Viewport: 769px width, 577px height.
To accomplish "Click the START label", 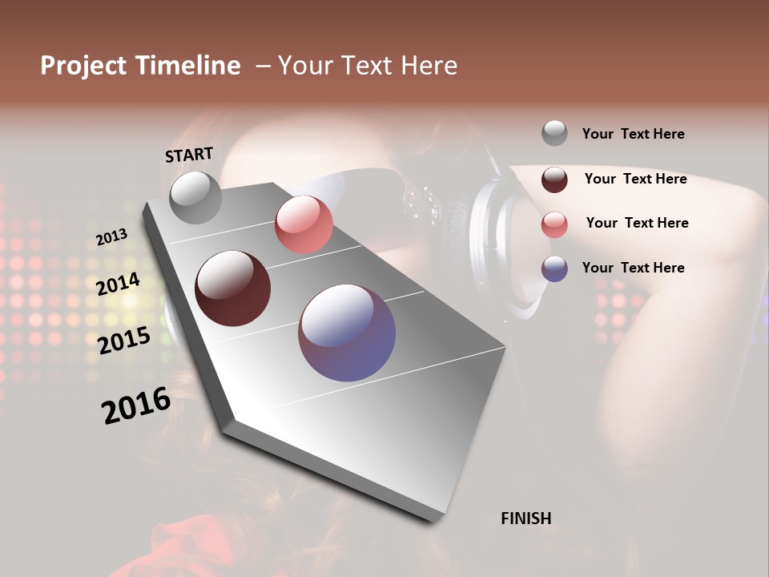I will coord(189,155).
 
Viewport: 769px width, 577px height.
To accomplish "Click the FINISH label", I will coord(526,518).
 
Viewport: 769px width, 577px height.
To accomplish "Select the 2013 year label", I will coord(112,237).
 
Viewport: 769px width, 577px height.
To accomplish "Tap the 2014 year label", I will coord(119,284).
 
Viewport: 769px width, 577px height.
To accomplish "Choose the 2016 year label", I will coord(136,406).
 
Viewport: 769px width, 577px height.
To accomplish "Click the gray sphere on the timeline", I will coord(196,197).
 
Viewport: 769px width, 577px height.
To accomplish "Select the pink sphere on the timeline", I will coord(304,224).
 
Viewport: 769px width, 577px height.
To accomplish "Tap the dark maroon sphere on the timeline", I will coord(233,288).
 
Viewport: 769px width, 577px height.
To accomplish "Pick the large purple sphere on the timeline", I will coord(347,333).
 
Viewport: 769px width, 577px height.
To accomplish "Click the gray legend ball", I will coord(554,133).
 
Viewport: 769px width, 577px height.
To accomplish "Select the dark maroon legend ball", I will coord(554,180).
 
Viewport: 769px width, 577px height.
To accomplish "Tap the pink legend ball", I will coord(554,224).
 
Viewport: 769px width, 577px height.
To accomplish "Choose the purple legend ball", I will coord(554,268).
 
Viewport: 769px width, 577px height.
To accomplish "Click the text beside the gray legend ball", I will coord(633,134).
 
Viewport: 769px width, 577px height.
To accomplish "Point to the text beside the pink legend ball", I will coord(637,223).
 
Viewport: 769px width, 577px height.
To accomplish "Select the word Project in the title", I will coord(83,66).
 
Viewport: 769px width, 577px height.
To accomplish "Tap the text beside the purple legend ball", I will coord(633,268).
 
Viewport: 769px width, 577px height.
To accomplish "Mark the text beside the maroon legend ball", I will coord(635,179).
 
